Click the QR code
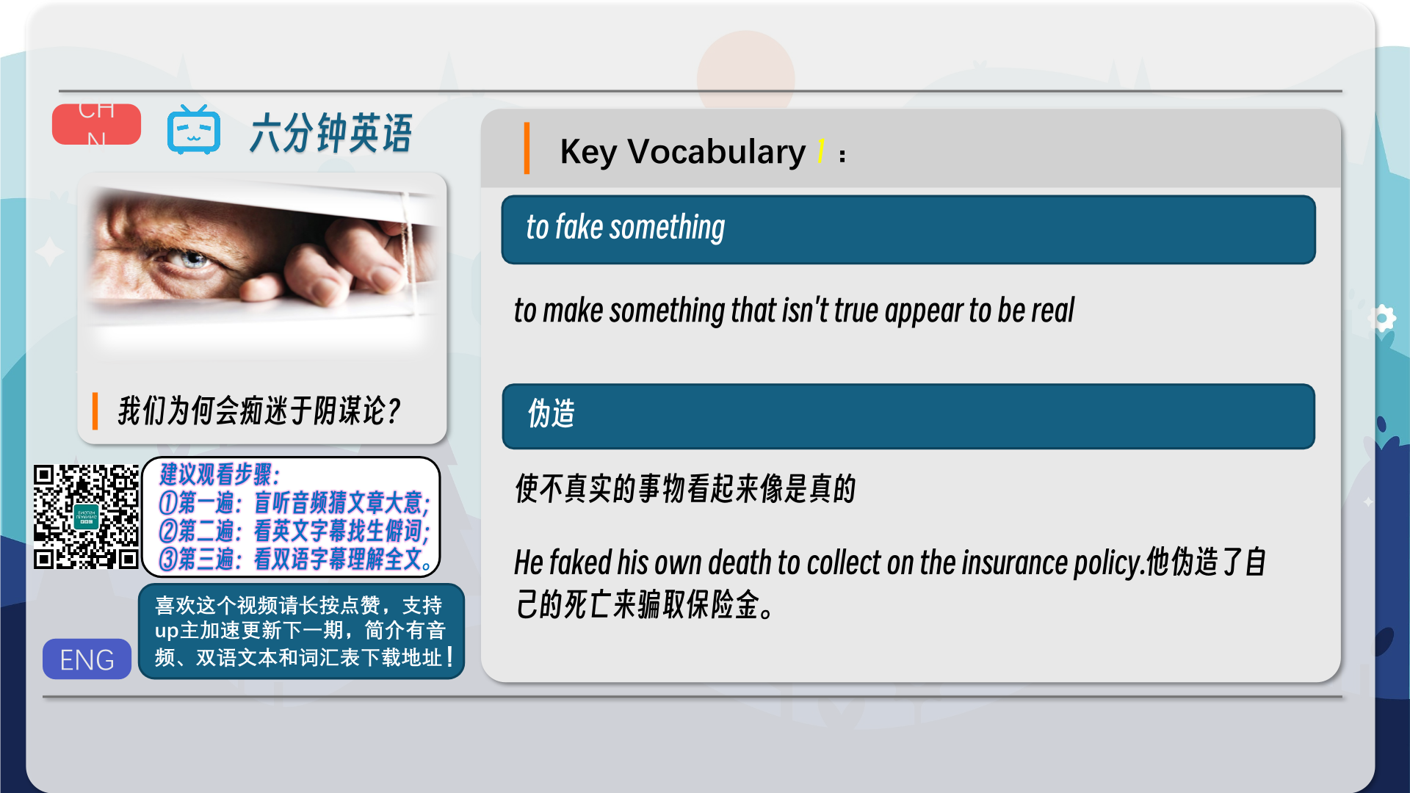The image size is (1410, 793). click(86, 517)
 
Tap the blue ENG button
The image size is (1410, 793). click(87, 659)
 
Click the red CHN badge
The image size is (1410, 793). click(96, 124)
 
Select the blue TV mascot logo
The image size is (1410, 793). click(194, 130)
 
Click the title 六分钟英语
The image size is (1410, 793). click(331, 134)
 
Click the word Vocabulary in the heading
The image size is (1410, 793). click(716, 152)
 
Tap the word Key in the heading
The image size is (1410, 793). click(588, 152)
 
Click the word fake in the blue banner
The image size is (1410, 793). click(579, 227)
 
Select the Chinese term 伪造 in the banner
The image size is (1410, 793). click(552, 413)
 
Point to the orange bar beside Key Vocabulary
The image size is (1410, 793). click(527, 148)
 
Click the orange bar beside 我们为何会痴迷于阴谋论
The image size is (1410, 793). click(95, 411)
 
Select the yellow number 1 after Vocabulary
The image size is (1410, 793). click(821, 151)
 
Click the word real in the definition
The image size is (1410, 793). click(1052, 311)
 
